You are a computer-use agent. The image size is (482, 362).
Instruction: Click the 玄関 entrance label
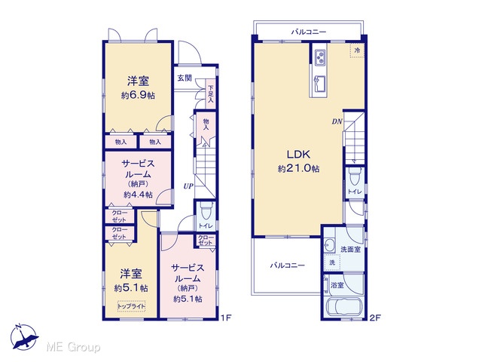[185, 78]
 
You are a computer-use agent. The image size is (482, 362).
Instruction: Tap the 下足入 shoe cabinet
[211, 94]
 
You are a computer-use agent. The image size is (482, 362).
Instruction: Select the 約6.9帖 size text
[138, 95]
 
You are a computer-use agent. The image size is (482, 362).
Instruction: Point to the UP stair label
[188, 186]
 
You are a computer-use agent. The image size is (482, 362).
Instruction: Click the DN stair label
[337, 121]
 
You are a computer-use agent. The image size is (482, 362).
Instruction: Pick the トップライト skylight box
[132, 306]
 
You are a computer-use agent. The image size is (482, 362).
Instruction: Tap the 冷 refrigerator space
[357, 51]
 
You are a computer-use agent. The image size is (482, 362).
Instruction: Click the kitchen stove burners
[319, 57]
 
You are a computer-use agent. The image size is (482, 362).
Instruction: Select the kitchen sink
[319, 83]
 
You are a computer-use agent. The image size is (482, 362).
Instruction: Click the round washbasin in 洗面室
[330, 246]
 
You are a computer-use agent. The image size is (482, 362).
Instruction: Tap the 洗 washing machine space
[332, 262]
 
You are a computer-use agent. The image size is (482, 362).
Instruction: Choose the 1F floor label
[226, 318]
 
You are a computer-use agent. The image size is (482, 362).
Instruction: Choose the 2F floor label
[375, 318]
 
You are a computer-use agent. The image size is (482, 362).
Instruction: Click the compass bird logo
[24, 337]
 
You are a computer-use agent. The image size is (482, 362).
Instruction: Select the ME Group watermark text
[74, 348]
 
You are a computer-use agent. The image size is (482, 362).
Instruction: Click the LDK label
[298, 154]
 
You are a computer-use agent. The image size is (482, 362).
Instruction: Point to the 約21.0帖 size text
[298, 168]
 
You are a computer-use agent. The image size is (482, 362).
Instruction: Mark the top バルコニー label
[309, 32]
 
